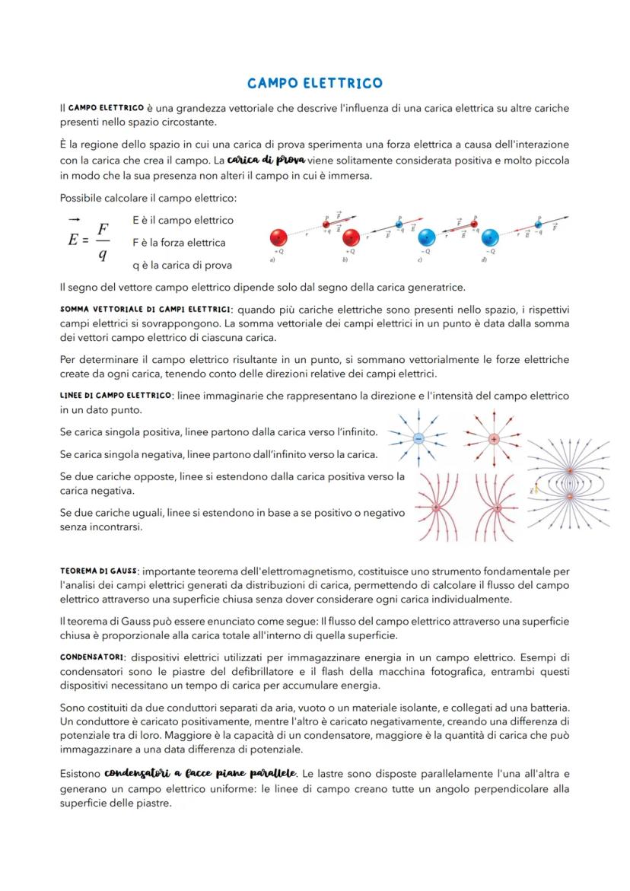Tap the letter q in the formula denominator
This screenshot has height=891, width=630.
[x=102, y=256]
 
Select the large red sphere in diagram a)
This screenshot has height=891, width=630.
[x=279, y=237]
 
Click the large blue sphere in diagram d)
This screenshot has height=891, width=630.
[x=490, y=237]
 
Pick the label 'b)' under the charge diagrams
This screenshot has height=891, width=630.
[x=345, y=259]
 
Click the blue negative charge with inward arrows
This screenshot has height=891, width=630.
[x=418, y=439]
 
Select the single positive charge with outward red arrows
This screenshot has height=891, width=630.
[x=494, y=439]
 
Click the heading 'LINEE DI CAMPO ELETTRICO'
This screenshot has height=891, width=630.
[x=116, y=396]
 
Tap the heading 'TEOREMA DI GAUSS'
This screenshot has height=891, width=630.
[x=99, y=571]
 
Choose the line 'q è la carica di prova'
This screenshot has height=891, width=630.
[x=182, y=266]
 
